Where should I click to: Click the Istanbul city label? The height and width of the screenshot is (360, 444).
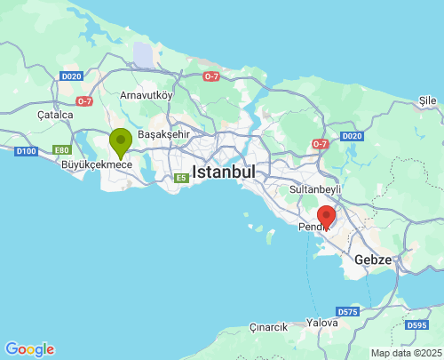point(224,171)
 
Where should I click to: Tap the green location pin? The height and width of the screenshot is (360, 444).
point(121,141)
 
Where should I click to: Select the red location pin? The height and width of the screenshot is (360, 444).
point(326,216)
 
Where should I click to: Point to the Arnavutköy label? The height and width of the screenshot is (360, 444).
point(147,94)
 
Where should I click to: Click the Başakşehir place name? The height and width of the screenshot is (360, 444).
point(164,133)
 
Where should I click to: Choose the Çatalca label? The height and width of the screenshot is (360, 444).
point(55,115)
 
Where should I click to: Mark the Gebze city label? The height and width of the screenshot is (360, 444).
point(373,260)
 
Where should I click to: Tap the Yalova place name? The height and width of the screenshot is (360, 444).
point(321,323)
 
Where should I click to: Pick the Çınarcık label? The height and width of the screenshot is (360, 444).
point(268,327)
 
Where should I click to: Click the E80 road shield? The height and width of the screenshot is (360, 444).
point(61,149)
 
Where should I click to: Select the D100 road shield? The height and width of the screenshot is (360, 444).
point(26,152)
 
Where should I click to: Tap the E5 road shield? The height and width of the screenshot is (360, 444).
point(181,179)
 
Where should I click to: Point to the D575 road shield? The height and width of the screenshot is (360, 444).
point(347,313)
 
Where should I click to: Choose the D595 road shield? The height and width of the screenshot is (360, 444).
point(417,325)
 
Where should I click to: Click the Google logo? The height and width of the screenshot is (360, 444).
point(29,349)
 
